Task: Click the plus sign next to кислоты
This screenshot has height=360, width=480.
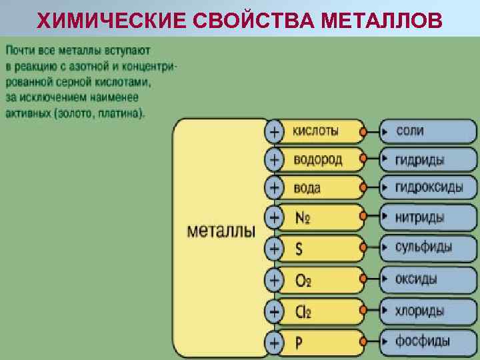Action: [273, 131]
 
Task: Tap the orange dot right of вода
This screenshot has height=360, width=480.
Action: [363, 189]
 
